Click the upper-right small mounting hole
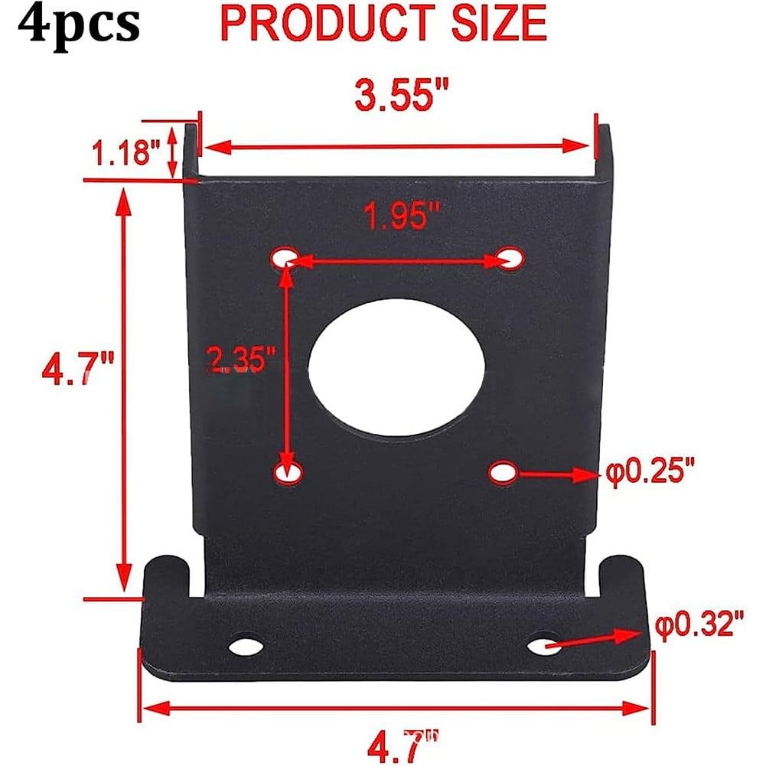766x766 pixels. (510, 258)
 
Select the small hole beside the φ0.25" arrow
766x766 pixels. (503, 472)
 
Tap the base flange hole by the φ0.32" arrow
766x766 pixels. (543, 645)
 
